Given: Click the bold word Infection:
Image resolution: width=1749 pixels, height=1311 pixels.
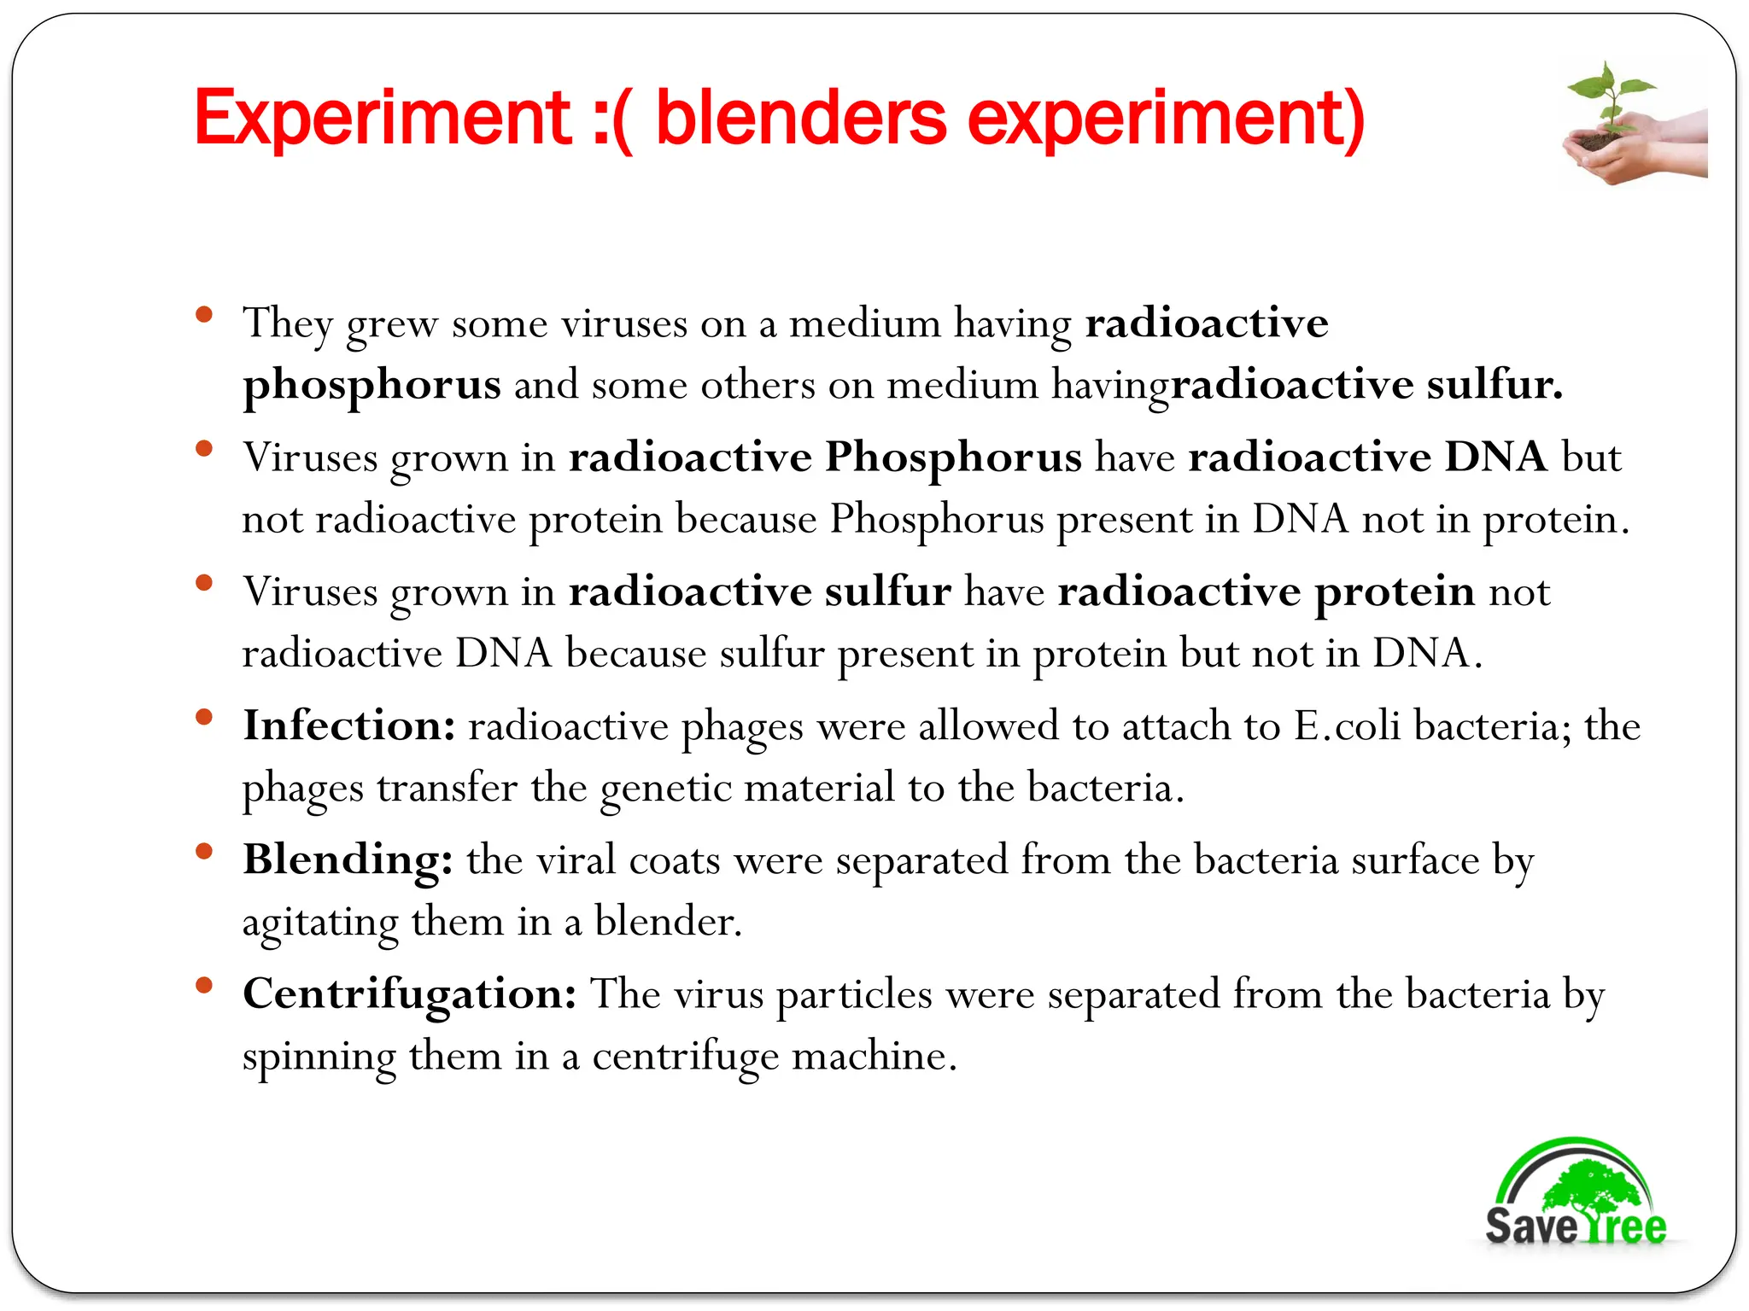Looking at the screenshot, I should [349, 725].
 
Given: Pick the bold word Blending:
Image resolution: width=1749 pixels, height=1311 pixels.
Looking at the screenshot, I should [348, 859].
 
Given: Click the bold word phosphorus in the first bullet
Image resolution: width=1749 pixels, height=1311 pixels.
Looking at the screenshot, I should [371, 384].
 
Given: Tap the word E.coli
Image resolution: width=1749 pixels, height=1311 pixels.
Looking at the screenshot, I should [1347, 726].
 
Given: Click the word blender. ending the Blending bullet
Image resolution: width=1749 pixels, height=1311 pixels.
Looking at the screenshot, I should [668, 922].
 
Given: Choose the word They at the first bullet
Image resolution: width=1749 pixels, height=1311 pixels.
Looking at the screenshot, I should [287, 324].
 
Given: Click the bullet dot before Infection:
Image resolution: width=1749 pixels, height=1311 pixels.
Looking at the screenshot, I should [203, 717].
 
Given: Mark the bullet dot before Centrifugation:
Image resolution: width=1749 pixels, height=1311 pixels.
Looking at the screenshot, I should [203, 986].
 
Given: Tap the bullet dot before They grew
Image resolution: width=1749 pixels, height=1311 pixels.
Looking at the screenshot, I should [203, 315].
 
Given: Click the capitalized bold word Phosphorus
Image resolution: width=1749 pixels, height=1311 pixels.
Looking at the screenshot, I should [953, 457].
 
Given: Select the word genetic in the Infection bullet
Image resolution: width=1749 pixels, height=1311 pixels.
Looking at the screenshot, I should [665, 788].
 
